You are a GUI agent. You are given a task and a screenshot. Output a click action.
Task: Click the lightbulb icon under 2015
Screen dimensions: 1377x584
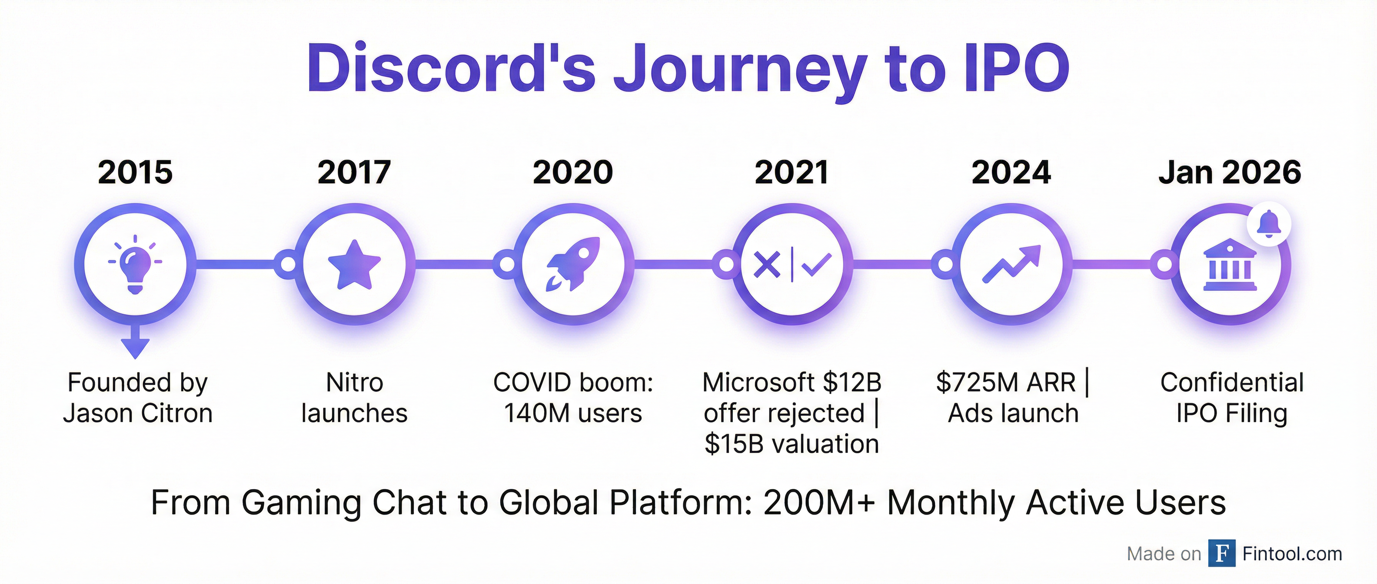pyautogui.click(x=135, y=265)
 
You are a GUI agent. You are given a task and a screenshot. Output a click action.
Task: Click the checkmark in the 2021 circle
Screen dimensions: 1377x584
pyautogui.click(x=816, y=265)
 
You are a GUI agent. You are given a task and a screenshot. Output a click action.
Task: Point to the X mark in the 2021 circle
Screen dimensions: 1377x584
pyautogui.click(x=767, y=265)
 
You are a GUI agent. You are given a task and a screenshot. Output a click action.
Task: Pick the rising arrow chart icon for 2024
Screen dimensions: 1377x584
pyautogui.click(x=1011, y=263)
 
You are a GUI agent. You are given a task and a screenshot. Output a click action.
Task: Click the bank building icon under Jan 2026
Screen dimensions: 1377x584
pyautogui.click(x=1230, y=265)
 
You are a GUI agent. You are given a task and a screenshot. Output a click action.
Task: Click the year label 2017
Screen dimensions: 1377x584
pyautogui.click(x=354, y=172)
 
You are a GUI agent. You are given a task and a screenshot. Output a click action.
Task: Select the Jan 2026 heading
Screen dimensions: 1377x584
pyautogui.click(x=1230, y=172)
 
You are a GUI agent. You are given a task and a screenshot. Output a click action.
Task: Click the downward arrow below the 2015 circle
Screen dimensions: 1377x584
pyautogui.click(x=135, y=342)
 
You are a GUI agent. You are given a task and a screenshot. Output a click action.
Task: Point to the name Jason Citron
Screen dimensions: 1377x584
pyautogui.click(x=138, y=413)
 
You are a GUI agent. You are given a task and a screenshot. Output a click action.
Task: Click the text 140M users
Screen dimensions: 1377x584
pyautogui.click(x=573, y=413)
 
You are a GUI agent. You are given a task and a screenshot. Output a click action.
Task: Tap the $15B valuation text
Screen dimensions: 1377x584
pyautogui.click(x=792, y=444)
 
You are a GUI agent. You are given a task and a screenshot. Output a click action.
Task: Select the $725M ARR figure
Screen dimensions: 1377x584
pyautogui.click(x=1005, y=382)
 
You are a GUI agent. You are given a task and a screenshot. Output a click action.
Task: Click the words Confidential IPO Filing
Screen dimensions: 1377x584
pyautogui.click(x=1231, y=398)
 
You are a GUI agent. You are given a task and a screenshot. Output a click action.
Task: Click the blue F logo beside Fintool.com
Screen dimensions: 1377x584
pyautogui.click(x=1221, y=553)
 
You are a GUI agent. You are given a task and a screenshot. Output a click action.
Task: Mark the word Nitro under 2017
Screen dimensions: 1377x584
pyautogui.click(x=354, y=382)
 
